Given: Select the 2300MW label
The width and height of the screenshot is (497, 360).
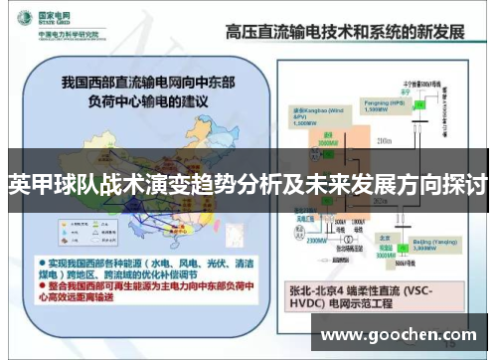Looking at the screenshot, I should pyautogui.click(x=321, y=240).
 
